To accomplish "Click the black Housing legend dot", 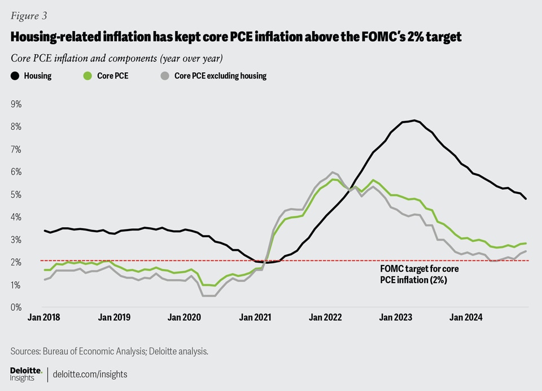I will (x=14, y=76).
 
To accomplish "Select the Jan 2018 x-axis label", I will (x=44, y=318).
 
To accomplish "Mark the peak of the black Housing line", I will (x=414, y=120).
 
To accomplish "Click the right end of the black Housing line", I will (x=526, y=199).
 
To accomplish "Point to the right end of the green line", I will (x=526, y=243).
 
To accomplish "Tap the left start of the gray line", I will (x=45, y=280).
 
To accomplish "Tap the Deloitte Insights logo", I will (x=26, y=373).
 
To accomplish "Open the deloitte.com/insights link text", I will (x=90, y=374).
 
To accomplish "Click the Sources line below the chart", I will (x=110, y=351).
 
